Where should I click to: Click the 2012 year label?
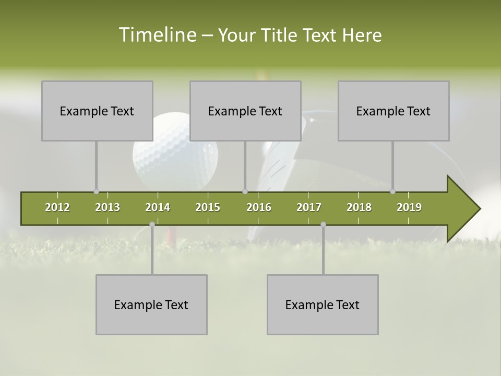click(57, 207)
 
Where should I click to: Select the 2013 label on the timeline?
click(108, 207)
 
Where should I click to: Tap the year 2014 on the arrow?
click(158, 207)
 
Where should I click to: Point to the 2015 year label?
click(208, 207)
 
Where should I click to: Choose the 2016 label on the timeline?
click(259, 207)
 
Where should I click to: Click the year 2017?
click(309, 207)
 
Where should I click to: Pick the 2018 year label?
click(359, 207)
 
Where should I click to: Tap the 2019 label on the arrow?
click(409, 207)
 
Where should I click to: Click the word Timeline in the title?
click(157, 35)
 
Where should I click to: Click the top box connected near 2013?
click(97, 111)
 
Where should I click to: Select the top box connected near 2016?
click(245, 111)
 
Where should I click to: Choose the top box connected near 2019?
click(393, 111)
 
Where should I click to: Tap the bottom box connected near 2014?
click(151, 304)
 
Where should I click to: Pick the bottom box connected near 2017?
click(323, 304)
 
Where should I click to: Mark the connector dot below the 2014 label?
click(152, 224)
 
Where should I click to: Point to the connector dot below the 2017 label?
click(323, 224)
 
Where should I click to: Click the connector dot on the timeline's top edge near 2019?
click(392, 191)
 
